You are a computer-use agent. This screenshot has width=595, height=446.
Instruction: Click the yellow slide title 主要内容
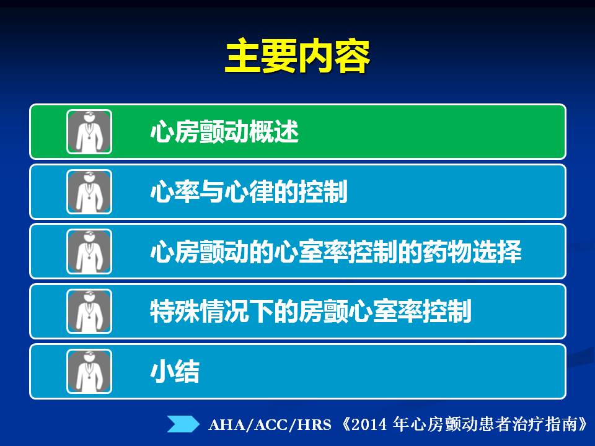297,56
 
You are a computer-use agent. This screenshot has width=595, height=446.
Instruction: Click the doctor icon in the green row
89,131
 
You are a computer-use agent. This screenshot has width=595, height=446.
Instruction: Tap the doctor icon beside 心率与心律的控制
89,192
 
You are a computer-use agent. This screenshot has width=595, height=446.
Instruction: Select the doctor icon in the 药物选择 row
89,251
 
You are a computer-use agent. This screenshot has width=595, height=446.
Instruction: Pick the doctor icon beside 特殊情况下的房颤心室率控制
89,312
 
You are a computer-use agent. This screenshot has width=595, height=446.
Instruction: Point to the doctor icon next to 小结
89,371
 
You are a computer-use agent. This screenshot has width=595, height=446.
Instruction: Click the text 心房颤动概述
224,131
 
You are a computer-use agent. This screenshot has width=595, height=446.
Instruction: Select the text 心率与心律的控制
249,191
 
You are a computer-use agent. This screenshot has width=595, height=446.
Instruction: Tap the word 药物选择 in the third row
472,251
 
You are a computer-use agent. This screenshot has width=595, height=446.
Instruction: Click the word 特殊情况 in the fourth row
200,312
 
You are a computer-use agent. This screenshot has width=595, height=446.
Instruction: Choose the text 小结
175,371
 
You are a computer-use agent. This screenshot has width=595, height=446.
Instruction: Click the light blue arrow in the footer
183,424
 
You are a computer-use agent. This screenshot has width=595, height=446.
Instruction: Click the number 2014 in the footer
369,424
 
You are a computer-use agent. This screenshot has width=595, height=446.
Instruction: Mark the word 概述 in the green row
274,131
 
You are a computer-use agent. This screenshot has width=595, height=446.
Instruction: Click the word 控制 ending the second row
324,191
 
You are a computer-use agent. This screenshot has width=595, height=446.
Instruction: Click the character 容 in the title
353,56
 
